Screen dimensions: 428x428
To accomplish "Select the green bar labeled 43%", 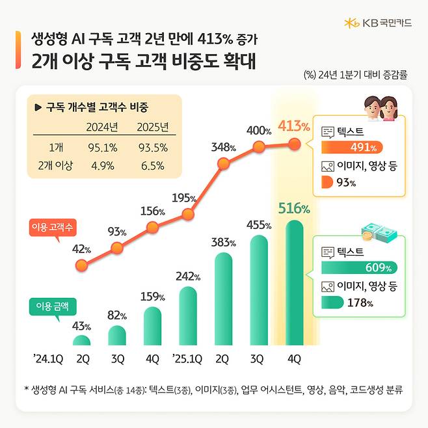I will (81, 341).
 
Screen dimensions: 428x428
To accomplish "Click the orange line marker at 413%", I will (294, 144).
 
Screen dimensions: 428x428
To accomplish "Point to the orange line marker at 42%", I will (81, 265).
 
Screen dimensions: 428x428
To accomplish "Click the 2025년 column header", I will (154, 126).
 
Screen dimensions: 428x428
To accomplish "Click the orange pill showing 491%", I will (351, 146).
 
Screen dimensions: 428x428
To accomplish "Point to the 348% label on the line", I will (222, 146).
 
